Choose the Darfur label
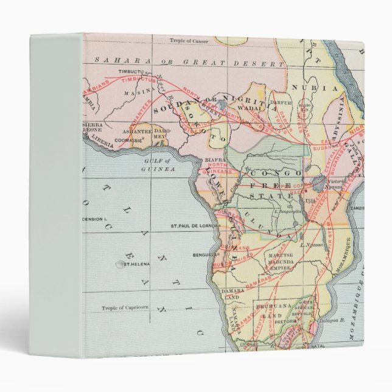(281, 103)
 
